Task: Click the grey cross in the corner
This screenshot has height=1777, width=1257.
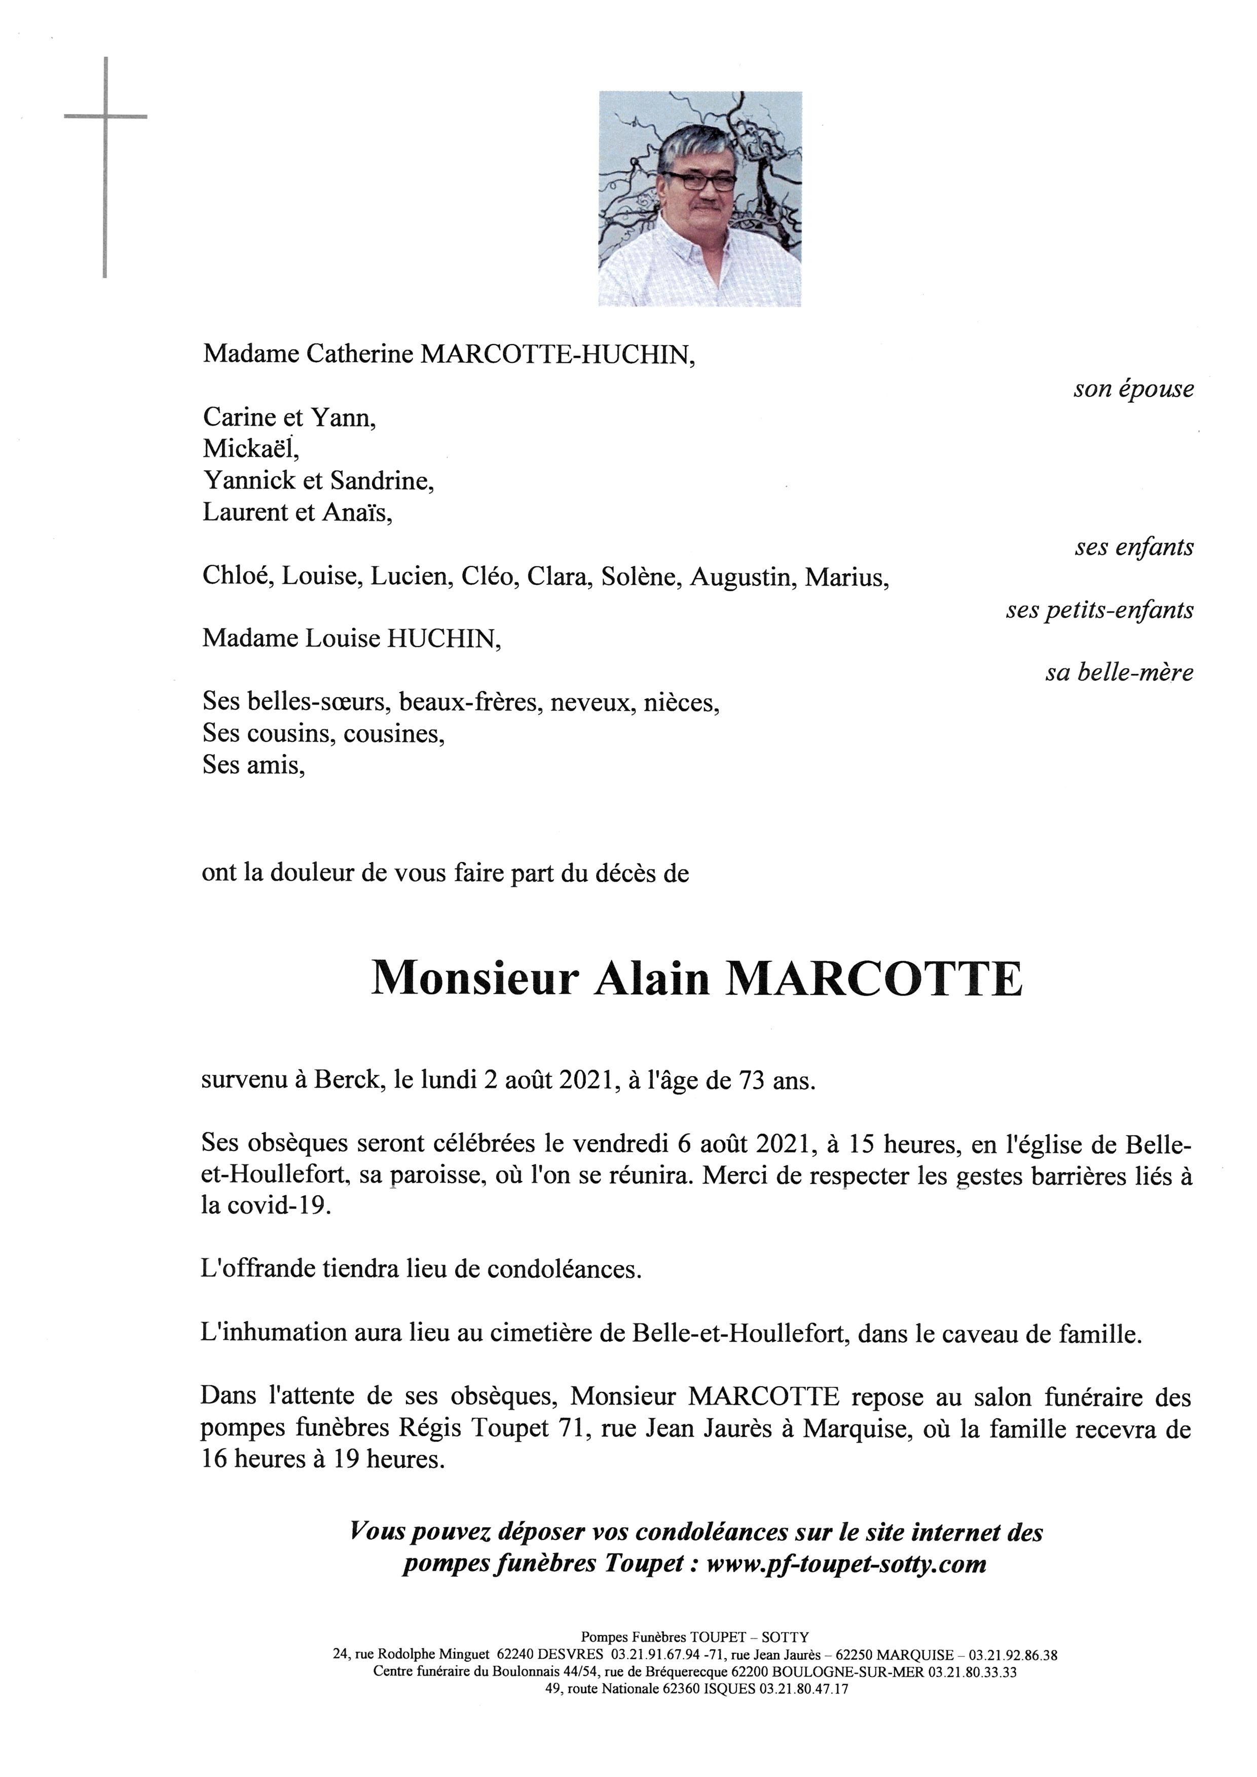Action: [104, 118]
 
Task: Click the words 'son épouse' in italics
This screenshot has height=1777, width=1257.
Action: [1132, 389]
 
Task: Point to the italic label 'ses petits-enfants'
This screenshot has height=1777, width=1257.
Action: [1099, 611]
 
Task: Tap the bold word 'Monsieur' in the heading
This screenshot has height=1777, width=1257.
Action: [475, 979]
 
